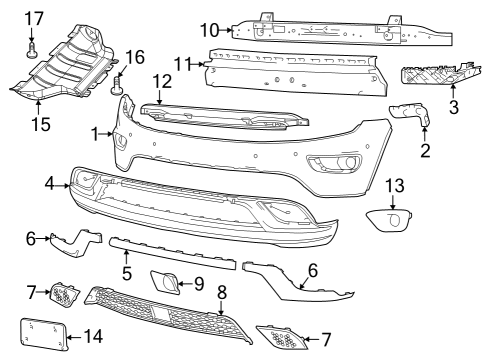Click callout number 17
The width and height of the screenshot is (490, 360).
[x=34, y=17]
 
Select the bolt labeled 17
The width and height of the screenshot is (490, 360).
[x=33, y=47]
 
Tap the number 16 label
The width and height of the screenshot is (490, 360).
[x=134, y=56]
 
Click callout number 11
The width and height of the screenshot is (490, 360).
[x=180, y=65]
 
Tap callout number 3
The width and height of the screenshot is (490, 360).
[x=453, y=105]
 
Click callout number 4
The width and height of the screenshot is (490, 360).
[x=49, y=184]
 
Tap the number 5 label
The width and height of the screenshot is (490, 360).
[x=127, y=272]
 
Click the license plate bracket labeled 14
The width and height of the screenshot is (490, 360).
[x=43, y=333]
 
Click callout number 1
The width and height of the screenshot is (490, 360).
[x=96, y=133]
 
